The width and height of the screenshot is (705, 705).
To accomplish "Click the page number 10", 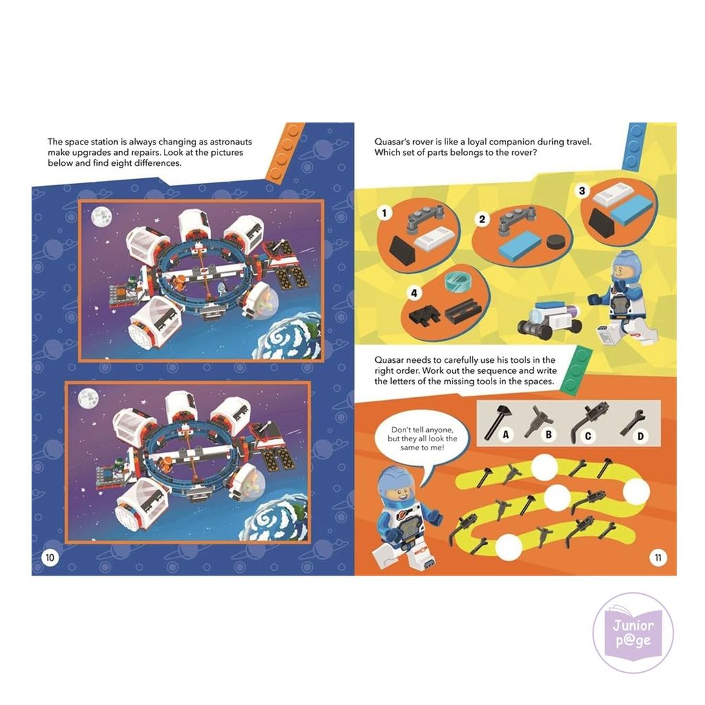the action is coord(50,558).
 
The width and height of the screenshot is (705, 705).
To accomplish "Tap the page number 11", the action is coord(657,558).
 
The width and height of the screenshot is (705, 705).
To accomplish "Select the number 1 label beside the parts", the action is coord(384,213).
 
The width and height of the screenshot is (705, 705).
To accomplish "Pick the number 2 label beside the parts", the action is coord(482,219).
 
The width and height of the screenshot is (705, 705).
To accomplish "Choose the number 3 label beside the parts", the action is coord(582,191).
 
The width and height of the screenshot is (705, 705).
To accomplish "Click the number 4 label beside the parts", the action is coord(414,293).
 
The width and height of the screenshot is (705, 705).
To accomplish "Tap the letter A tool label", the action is coord(506,434).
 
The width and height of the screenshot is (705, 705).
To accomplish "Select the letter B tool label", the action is coord(548,434).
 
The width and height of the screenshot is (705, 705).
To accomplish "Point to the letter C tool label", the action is coord(588,436).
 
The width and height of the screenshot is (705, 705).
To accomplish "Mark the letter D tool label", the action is coord(640,436).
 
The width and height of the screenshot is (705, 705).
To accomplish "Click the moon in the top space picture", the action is coord(102,217).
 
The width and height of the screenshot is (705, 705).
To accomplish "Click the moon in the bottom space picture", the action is coord(88,399).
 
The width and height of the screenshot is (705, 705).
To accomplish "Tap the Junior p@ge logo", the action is coord(633,633).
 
